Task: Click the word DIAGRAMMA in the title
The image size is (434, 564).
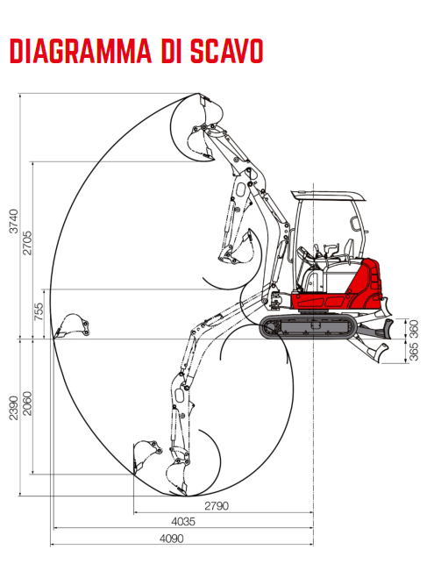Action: [81, 51]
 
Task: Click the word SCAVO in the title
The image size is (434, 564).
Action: [226, 51]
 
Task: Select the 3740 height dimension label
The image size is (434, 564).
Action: [13, 221]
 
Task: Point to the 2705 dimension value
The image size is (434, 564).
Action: [27, 243]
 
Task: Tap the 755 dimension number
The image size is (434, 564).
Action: [39, 311]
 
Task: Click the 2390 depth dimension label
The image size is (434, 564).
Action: [13, 408]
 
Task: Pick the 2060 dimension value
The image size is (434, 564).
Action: [27, 403]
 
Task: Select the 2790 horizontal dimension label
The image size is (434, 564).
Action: [217, 506]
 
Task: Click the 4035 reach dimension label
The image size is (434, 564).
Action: [183, 521]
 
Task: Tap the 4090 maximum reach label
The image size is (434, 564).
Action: [172, 539]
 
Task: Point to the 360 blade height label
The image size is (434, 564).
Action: [414, 329]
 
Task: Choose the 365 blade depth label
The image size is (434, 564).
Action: [414, 352]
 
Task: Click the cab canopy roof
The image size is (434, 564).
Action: [328, 196]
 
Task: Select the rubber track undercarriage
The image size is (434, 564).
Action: [308, 327]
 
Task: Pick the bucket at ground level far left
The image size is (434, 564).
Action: [72, 325]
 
